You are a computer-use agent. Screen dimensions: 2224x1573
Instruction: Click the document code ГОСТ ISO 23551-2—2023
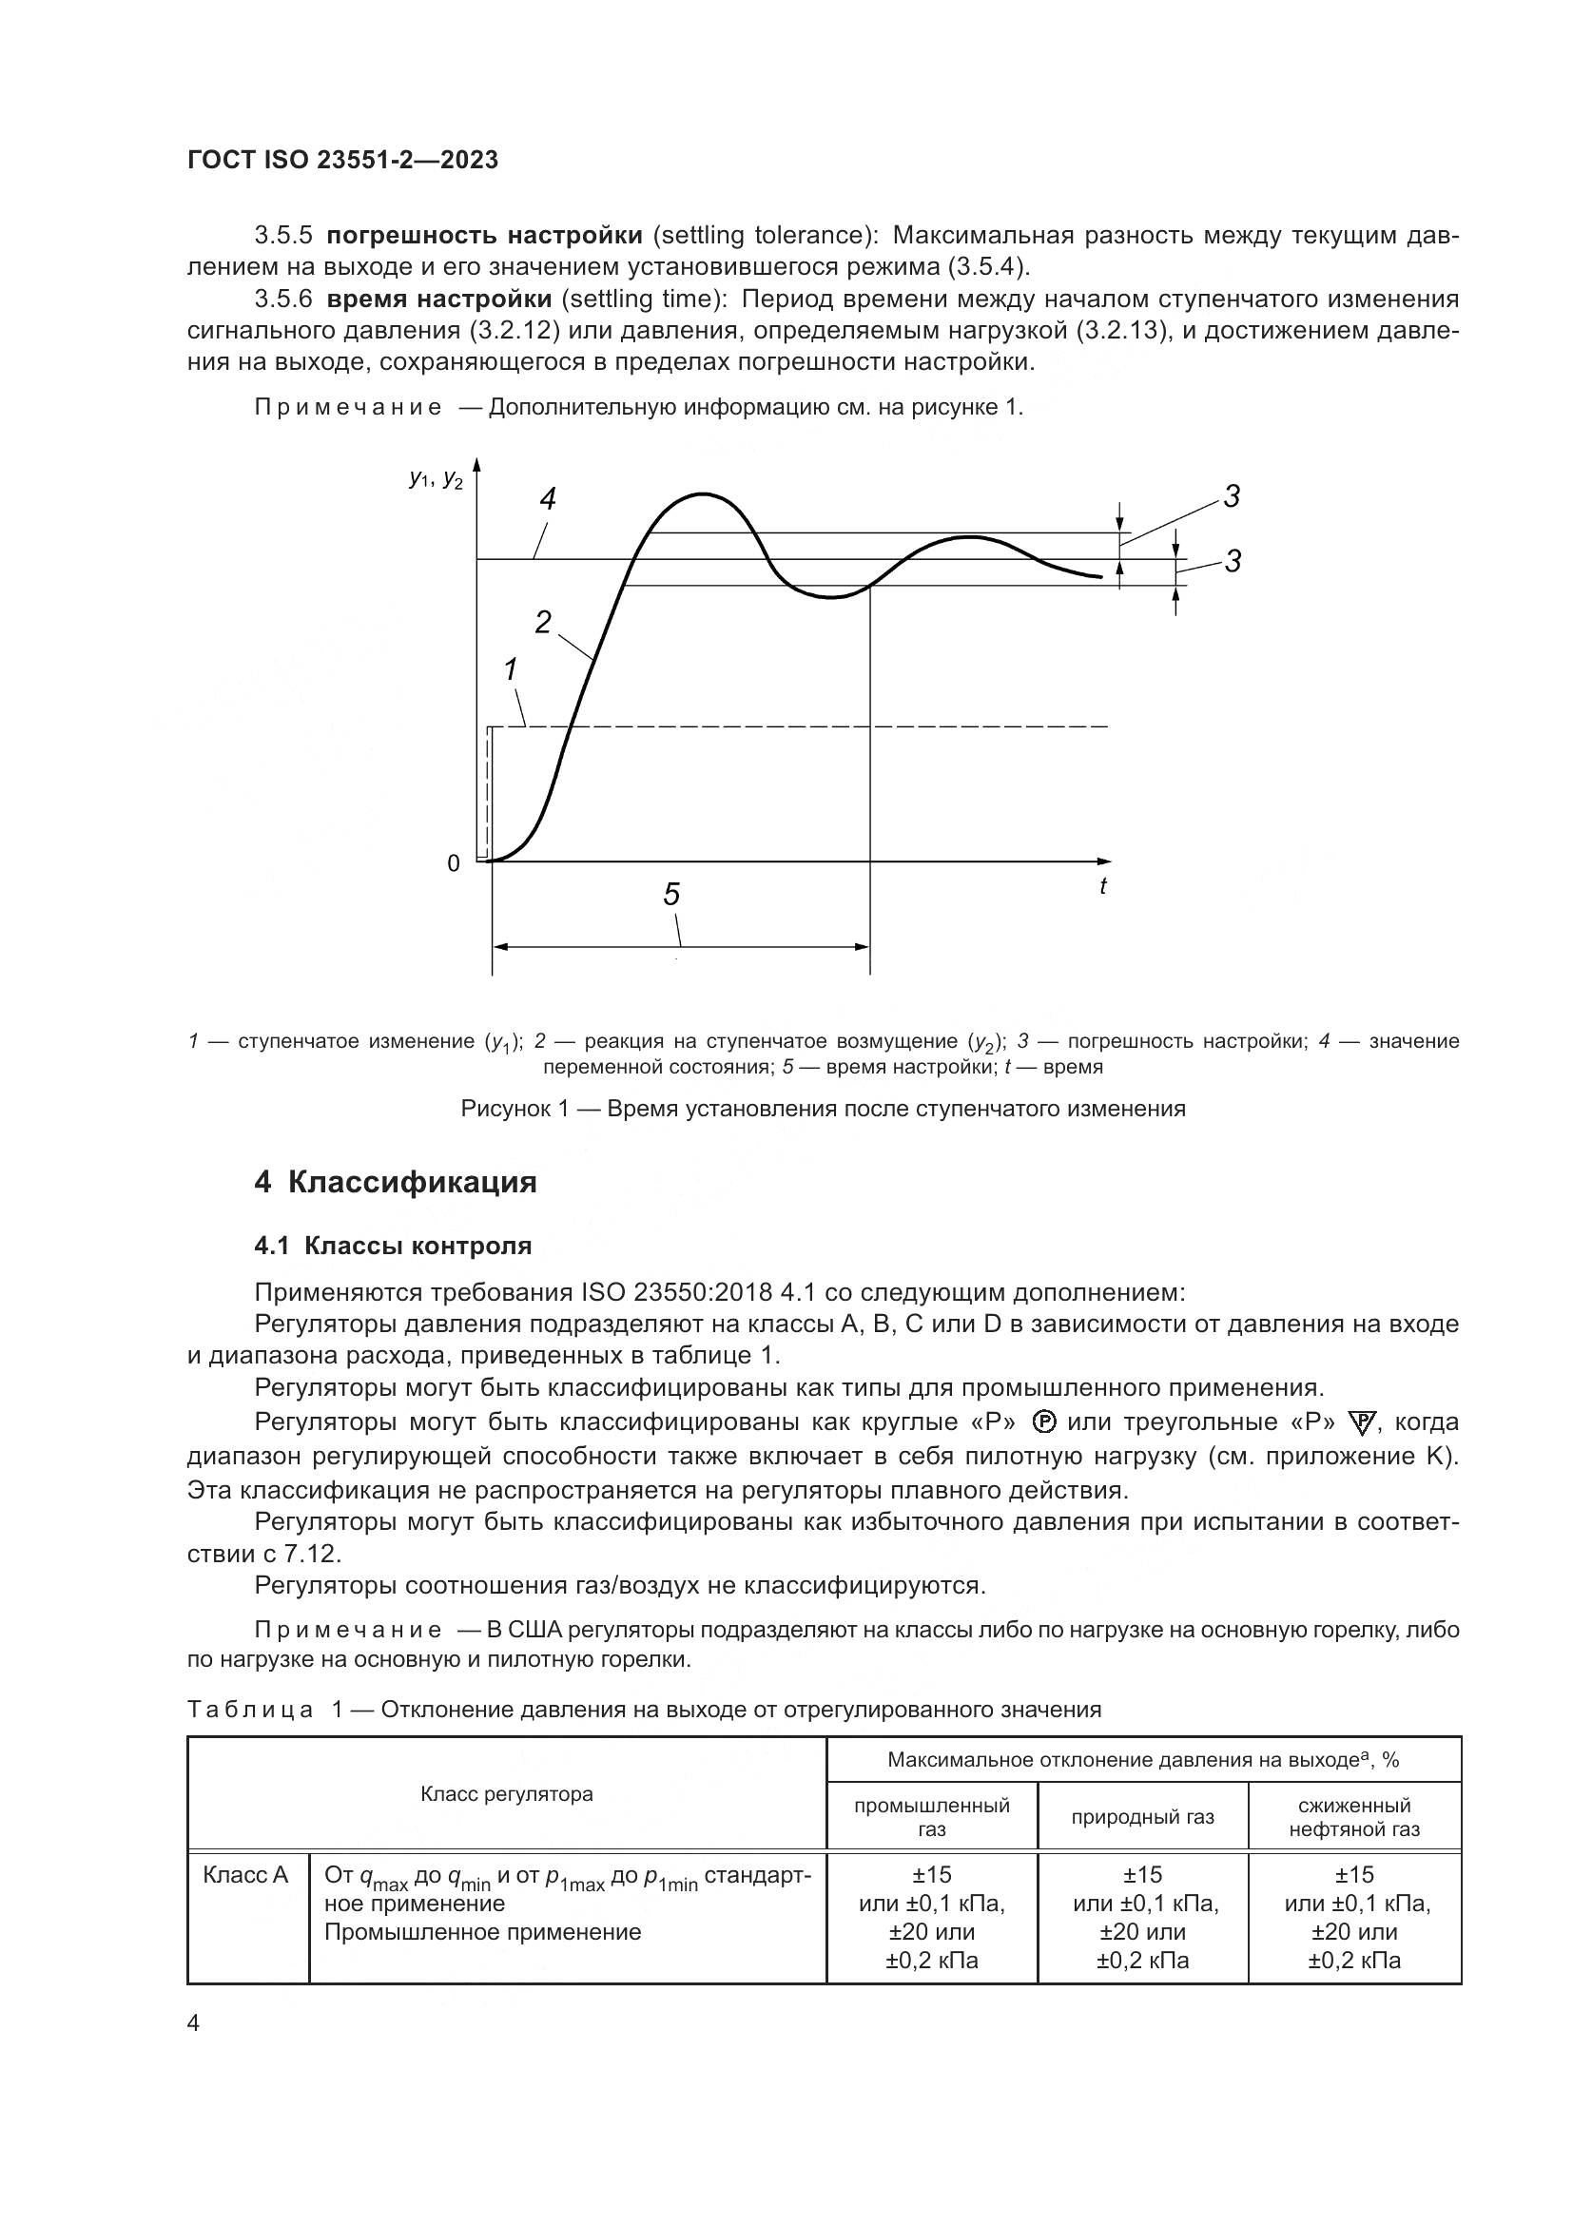point(342,161)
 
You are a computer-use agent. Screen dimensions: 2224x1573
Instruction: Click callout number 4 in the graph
point(548,500)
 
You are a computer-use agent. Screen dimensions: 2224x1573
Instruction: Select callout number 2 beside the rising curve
point(543,622)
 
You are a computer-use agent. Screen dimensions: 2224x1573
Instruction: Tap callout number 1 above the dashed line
point(511,668)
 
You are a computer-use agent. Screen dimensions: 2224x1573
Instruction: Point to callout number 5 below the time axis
point(671,894)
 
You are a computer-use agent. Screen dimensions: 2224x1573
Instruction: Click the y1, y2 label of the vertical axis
point(436,477)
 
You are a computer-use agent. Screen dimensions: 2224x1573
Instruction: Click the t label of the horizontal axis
point(1102,885)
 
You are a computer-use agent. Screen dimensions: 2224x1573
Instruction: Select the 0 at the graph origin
point(454,864)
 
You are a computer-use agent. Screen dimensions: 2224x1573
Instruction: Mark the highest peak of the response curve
point(701,495)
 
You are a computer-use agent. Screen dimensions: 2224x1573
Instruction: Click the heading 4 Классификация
point(396,1183)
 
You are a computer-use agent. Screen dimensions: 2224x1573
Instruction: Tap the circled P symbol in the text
point(1043,1421)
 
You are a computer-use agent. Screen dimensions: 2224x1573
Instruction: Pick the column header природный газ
point(1142,1817)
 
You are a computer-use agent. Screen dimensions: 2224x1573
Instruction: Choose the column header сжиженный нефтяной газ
point(1354,1817)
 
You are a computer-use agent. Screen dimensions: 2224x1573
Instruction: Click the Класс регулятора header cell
point(507,1794)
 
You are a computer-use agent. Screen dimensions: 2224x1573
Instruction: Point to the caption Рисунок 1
point(823,1108)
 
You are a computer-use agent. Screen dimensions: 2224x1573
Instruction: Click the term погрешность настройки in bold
point(484,236)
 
